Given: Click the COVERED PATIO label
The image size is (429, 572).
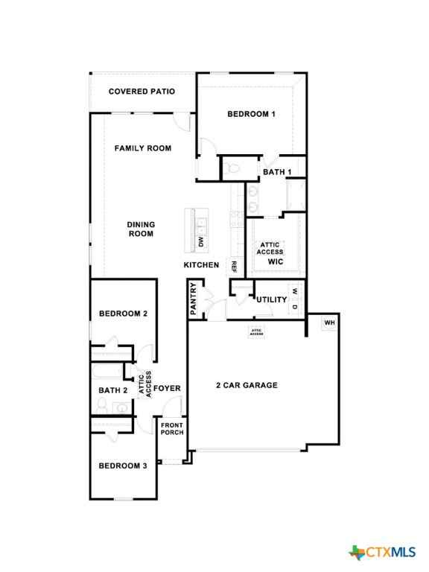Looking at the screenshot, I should click(142, 92).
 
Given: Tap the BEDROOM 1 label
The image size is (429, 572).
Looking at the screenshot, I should click(252, 114).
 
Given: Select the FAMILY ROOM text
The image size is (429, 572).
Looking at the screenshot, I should click(143, 148).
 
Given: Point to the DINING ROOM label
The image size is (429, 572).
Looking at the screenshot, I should click(141, 229).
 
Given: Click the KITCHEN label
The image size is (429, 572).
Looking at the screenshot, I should click(201, 265).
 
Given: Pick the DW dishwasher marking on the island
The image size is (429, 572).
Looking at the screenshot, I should click(200, 241).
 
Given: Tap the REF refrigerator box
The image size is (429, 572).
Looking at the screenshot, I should click(233, 266).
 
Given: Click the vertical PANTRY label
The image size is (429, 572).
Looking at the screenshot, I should click(194, 299).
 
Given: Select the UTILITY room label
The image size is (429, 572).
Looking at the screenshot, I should click(272, 300).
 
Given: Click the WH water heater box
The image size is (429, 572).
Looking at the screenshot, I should click(329, 322).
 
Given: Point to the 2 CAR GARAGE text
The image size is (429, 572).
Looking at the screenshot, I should click(247, 385).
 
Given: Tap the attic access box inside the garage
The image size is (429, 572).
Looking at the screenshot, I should click(256, 332).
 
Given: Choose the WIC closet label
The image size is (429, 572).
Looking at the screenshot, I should click(276, 262).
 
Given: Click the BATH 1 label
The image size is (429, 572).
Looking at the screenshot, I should click(277, 173).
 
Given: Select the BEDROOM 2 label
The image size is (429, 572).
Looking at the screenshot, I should click(123, 314).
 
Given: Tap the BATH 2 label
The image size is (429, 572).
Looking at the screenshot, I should click(113, 390).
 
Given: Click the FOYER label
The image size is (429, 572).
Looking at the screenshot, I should click(167, 389).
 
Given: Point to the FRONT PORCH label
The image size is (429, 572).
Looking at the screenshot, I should click(172, 428).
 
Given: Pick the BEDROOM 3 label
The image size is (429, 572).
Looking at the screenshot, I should click(123, 466).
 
